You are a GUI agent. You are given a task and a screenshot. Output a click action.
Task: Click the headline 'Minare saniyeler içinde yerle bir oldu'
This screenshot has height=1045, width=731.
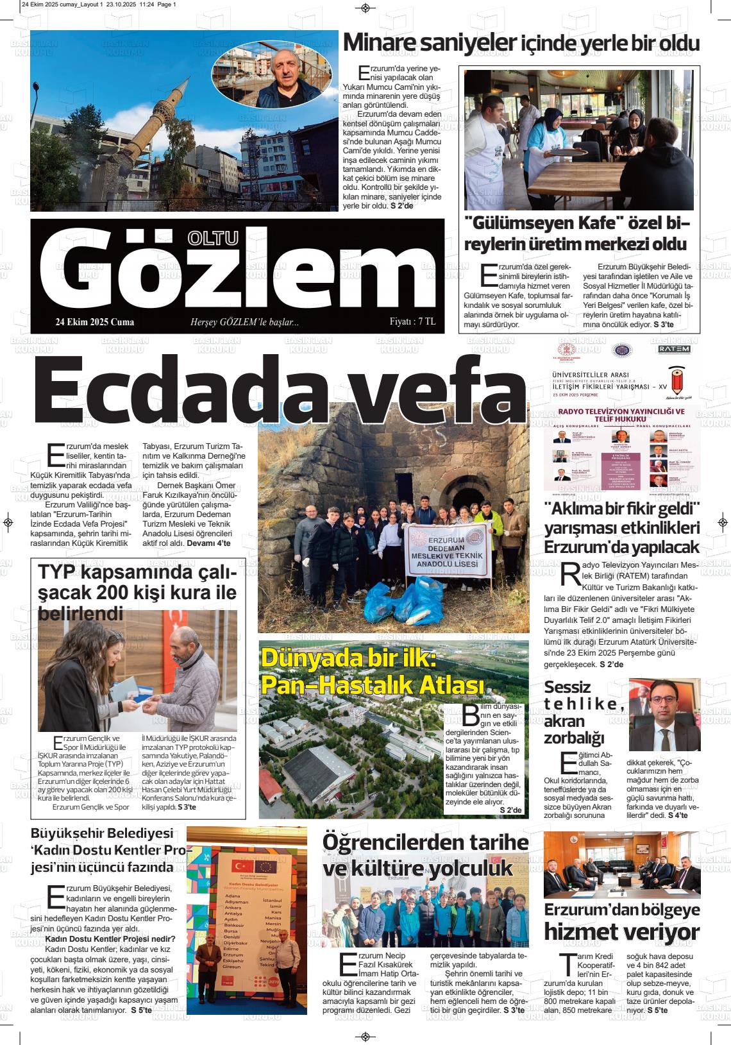tap(521, 43)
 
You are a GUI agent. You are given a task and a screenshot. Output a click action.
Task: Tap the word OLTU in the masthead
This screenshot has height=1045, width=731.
tap(212, 238)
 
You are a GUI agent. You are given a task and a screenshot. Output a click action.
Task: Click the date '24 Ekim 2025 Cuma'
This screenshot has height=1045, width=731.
tap(95, 322)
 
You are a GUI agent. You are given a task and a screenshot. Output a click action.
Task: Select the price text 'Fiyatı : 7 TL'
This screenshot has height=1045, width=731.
tap(412, 321)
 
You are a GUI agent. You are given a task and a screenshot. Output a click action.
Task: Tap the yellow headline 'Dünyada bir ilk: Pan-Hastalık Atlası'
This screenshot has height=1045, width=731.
tap(372, 672)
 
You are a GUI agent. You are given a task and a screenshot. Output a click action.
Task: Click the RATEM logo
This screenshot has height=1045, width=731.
tap(674, 349)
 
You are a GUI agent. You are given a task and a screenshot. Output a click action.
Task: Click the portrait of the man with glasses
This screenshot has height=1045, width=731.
tap(664, 715)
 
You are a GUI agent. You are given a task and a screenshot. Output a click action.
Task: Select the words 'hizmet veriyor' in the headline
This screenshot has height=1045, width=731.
tap(621, 931)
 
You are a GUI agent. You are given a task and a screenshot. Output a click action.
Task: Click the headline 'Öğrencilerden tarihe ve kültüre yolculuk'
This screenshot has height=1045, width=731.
tap(425, 855)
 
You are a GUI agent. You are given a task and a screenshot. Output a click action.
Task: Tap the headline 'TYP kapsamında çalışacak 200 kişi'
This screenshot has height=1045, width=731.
tap(137, 591)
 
